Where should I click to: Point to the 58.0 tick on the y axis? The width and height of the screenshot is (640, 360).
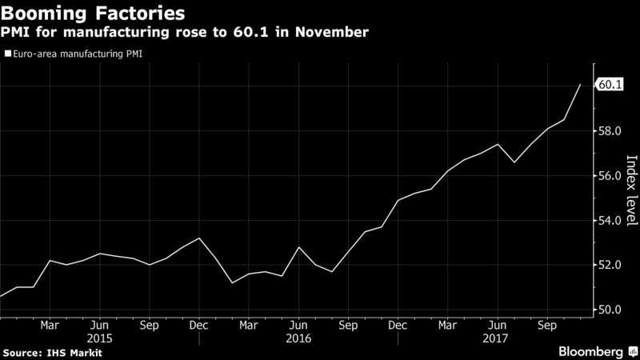(x=610, y=131)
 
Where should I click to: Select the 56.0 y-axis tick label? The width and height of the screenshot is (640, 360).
(x=610, y=176)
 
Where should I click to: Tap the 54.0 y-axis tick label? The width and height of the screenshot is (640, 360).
(x=610, y=221)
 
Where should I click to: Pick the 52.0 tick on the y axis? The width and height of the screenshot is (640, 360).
(x=610, y=266)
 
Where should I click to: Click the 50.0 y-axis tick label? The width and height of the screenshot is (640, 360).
(x=610, y=310)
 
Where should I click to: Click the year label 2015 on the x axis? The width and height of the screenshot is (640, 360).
(x=99, y=338)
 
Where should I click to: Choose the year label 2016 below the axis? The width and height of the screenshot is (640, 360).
(x=298, y=338)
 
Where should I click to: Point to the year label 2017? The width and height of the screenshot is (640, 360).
(x=498, y=338)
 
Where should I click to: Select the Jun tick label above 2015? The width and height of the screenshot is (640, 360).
(x=99, y=326)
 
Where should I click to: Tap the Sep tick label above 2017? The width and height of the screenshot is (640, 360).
(x=546, y=326)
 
